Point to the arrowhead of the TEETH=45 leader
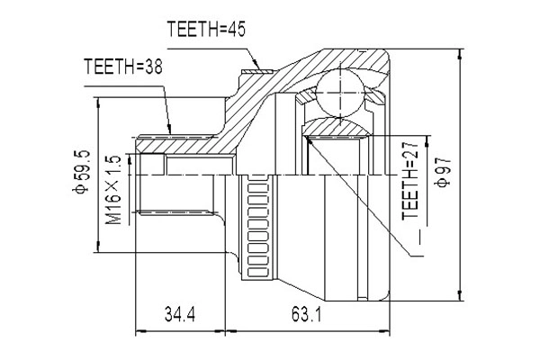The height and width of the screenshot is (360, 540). click(x=258, y=65)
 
